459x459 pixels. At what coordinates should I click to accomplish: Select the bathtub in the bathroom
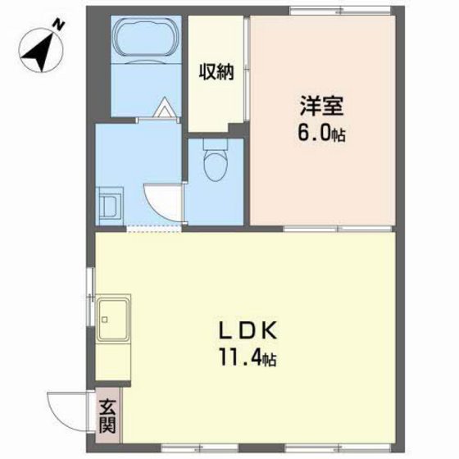(x=144, y=38)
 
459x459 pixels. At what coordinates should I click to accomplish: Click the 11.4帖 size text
(x=247, y=357)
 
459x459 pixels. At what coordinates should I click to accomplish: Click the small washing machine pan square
(x=110, y=202)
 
